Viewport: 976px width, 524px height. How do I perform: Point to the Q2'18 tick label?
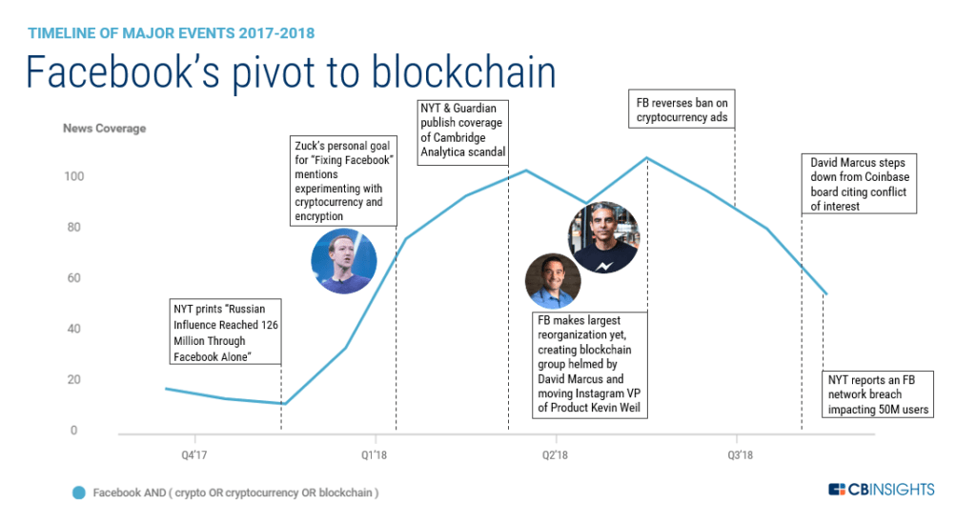pyautogui.click(x=557, y=455)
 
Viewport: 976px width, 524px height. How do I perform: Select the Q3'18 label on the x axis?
pyautogui.click(x=739, y=455)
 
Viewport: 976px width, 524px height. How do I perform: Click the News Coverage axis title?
pyautogui.click(x=105, y=129)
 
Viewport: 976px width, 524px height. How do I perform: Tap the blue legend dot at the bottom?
pyautogui.click(x=79, y=493)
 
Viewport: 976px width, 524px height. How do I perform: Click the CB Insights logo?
pyautogui.click(x=882, y=490)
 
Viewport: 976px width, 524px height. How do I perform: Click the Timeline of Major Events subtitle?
pyautogui.click(x=172, y=33)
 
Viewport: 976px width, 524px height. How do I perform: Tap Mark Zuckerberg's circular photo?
pyautogui.click(x=344, y=262)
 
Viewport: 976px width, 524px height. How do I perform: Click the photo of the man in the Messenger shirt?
pyautogui.click(x=603, y=238)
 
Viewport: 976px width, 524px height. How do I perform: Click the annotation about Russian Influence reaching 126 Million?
pyautogui.click(x=225, y=333)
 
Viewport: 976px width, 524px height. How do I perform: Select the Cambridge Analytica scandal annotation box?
pyautogui.click(x=463, y=131)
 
